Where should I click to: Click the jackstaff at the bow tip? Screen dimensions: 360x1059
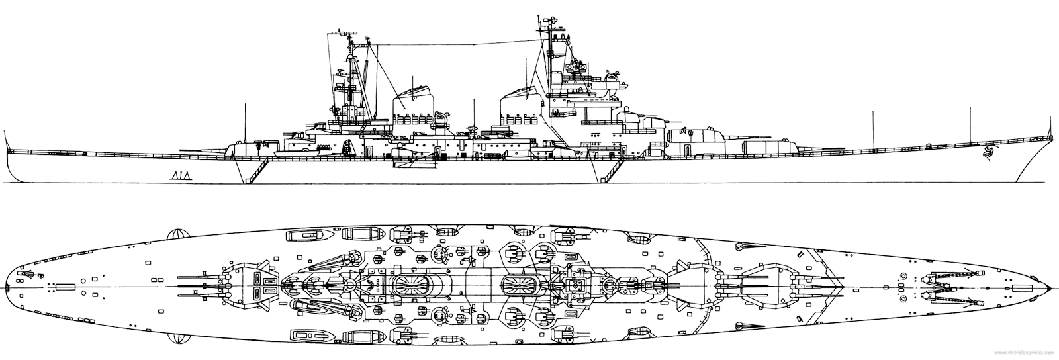(1048, 136)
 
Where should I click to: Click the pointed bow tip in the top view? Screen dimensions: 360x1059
(1052, 287)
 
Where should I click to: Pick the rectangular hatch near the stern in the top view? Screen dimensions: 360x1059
(64, 286)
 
